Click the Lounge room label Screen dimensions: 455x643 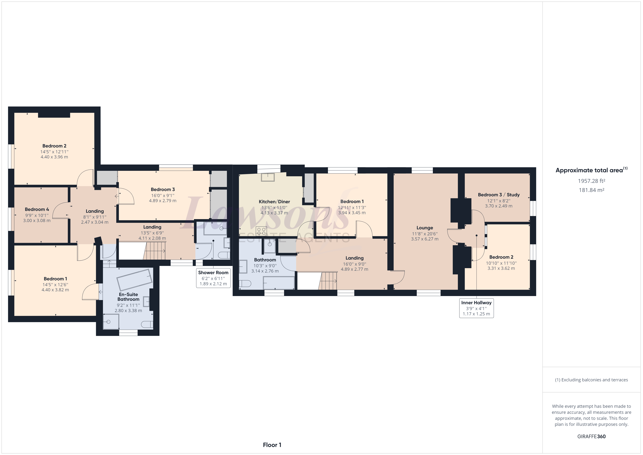[x=424, y=228]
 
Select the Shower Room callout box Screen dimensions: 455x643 [x=213, y=278]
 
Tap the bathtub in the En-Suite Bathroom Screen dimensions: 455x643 [x=135, y=280]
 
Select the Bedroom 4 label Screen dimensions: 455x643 [x=37, y=209]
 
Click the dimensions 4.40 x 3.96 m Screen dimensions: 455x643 [x=54, y=157]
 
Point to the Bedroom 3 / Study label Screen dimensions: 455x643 [x=498, y=195]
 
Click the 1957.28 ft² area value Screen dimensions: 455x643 [x=591, y=181]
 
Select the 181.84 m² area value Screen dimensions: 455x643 [x=591, y=190]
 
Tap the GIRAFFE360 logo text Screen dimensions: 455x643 [x=591, y=436]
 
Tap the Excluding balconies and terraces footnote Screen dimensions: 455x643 [x=591, y=380]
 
